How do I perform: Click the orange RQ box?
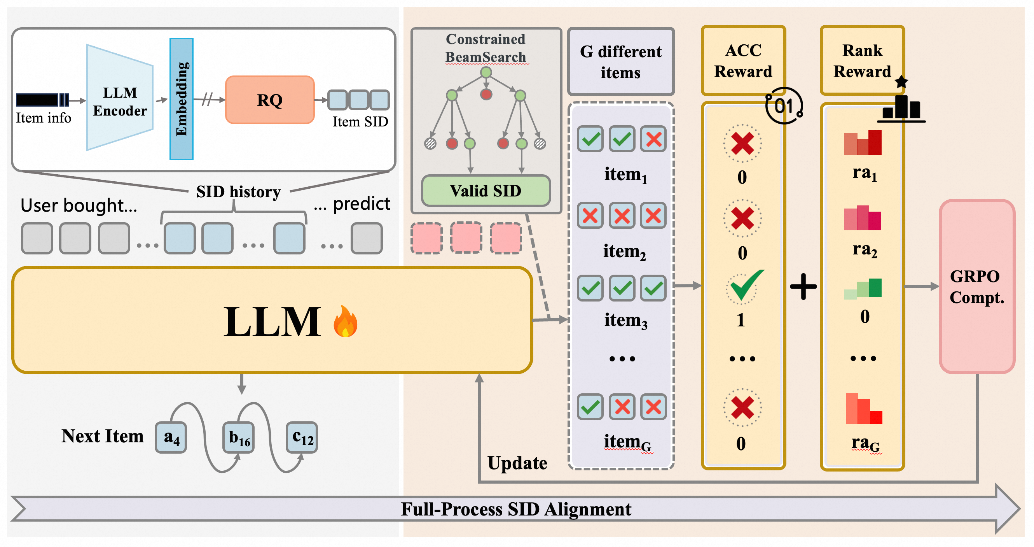tap(270, 100)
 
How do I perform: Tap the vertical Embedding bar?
tap(182, 99)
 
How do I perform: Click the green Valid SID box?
tap(486, 191)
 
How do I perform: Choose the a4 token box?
tap(171, 437)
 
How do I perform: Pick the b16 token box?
tap(239, 437)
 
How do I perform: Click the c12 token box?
tap(302, 437)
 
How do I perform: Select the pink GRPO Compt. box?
tap(977, 286)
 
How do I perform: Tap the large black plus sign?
tap(803, 286)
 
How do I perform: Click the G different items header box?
tap(620, 62)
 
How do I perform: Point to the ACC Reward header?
tap(743, 61)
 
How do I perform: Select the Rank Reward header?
tap(862, 61)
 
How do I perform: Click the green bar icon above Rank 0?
tap(863, 288)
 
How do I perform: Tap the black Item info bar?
tap(42, 100)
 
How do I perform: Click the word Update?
tap(517, 463)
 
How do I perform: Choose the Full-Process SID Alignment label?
tap(516, 509)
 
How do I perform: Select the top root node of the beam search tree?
tap(486, 73)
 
